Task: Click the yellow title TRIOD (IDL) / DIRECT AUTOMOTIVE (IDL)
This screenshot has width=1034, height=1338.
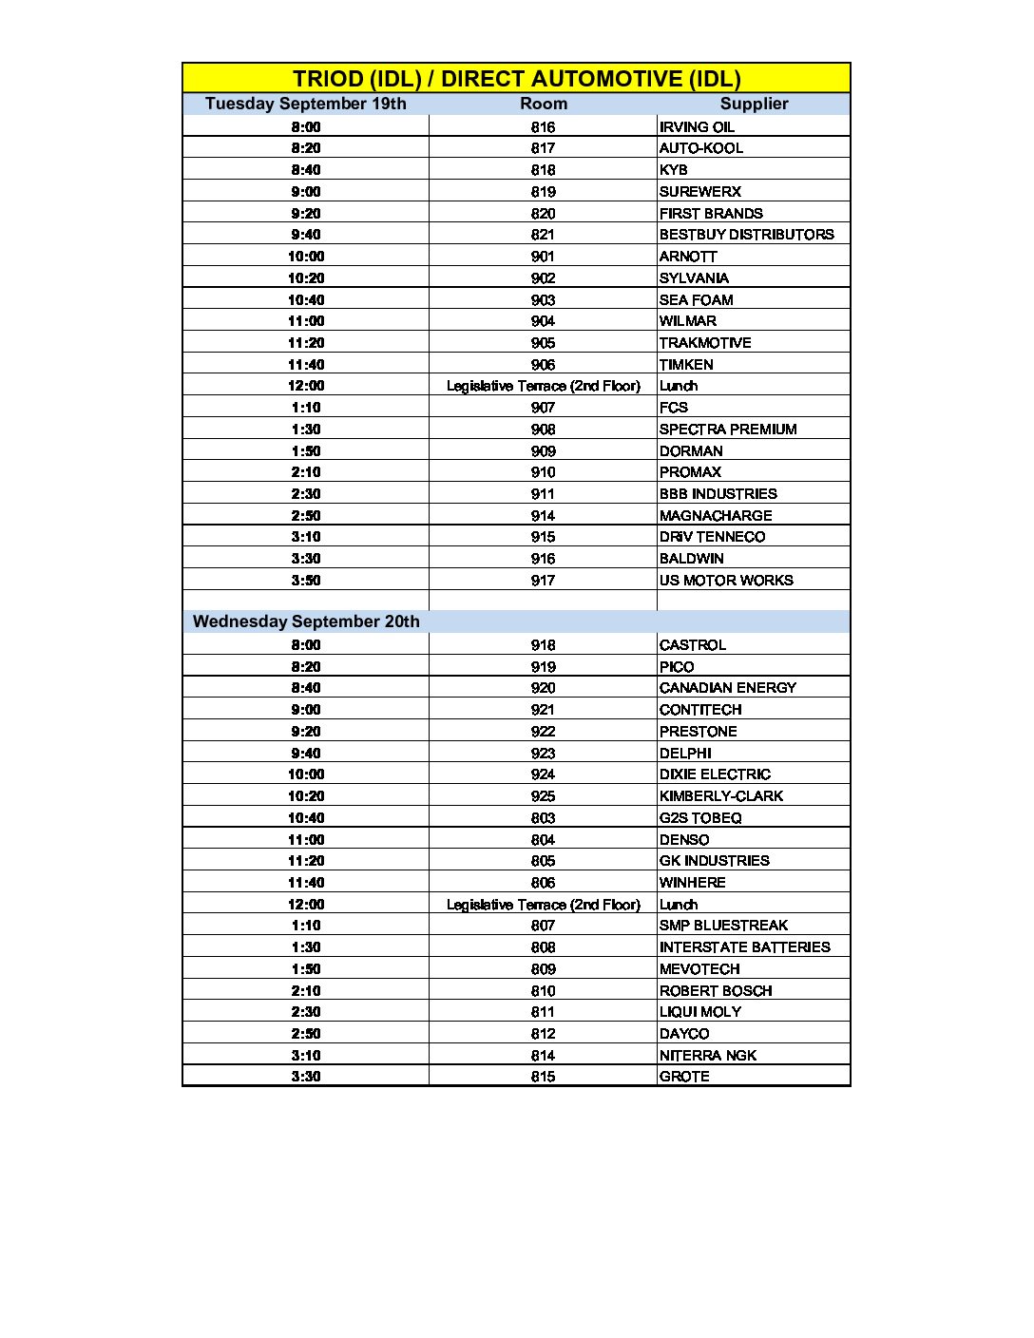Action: point(516,79)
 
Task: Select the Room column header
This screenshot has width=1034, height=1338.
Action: point(543,104)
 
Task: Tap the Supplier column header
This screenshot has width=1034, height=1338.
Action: point(754,104)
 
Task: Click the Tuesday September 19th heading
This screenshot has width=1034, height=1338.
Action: point(305,104)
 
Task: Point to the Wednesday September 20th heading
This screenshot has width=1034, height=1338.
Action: point(306,621)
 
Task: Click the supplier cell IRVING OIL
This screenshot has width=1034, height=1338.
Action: point(697,126)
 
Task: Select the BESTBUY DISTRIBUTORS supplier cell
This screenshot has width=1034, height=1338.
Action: point(746,235)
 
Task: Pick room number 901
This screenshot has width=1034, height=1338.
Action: point(543,257)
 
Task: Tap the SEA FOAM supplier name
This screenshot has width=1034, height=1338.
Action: point(696,299)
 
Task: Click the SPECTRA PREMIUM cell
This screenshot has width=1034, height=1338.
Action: point(728,430)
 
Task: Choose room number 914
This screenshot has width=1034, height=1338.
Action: point(543,516)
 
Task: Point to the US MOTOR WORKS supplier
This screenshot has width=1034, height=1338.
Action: point(726,581)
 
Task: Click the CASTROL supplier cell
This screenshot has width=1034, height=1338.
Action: point(692,645)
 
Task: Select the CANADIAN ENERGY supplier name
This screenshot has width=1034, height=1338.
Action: point(727,688)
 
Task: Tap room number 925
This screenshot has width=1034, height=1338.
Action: point(543,796)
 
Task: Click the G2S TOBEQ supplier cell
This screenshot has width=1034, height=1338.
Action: point(700,818)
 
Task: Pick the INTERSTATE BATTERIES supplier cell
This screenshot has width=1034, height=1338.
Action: point(744,947)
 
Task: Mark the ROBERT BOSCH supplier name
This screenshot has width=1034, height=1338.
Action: point(716,991)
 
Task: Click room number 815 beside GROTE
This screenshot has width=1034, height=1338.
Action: point(543,1077)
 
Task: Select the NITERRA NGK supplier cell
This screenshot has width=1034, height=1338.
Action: point(708,1056)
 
